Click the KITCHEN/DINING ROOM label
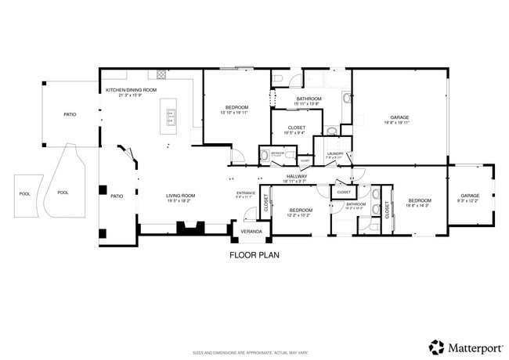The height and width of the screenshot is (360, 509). click(x=132, y=90)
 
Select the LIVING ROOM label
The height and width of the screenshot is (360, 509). click(x=180, y=196)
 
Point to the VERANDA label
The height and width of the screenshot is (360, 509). click(x=251, y=232)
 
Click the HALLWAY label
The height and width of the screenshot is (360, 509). click(x=296, y=176)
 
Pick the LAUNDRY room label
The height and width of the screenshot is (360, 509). click(x=334, y=153)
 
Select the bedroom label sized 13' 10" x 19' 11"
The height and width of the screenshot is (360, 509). click(x=237, y=108)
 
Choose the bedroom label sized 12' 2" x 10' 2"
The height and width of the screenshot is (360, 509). click(x=301, y=211)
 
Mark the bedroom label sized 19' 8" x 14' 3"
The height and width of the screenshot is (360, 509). click(x=419, y=200)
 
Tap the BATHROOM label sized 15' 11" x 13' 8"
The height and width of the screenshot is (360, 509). click(x=307, y=99)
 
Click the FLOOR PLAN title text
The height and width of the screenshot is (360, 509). click(x=254, y=254)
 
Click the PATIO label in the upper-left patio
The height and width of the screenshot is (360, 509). click(x=70, y=115)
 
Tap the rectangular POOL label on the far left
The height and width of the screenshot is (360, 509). click(x=23, y=193)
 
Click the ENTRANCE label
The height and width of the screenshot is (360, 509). click(x=245, y=193)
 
